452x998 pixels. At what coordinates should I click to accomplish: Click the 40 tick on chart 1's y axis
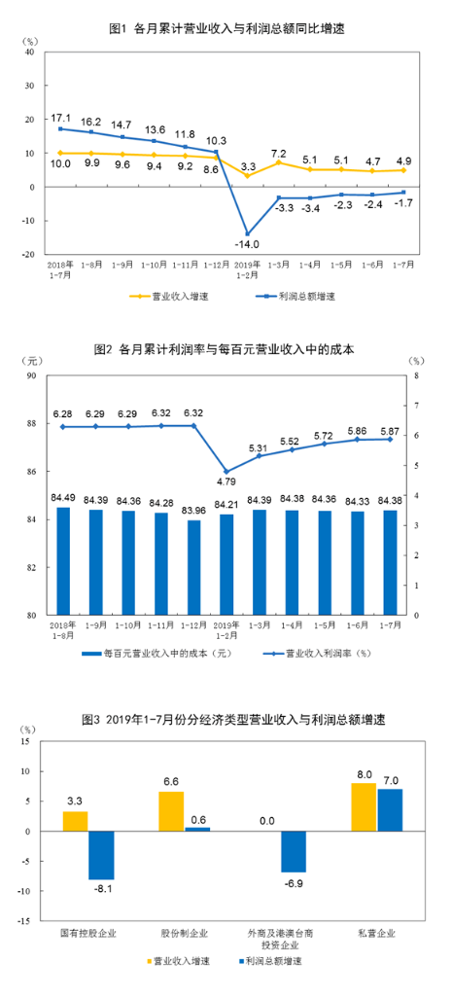pyautogui.click(x=29, y=53)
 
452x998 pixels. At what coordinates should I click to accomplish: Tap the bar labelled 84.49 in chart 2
pyautogui.click(x=63, y=561)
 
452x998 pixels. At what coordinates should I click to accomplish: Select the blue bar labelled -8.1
pyautogui.click(x=101, y=855)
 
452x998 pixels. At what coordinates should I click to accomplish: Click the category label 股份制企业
pyautogui.click(x=184, y=935)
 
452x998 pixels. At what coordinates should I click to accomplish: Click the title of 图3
pyautogui.click(x=226, y=721)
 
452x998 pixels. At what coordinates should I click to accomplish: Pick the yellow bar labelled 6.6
pyautogui.click(x=171, y=811)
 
